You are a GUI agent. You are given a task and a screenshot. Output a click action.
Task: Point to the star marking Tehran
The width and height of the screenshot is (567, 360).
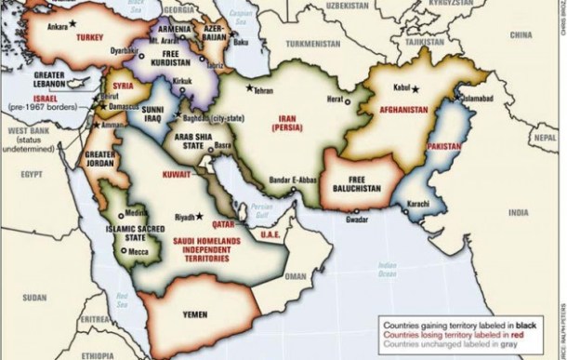tap(248, 87)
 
